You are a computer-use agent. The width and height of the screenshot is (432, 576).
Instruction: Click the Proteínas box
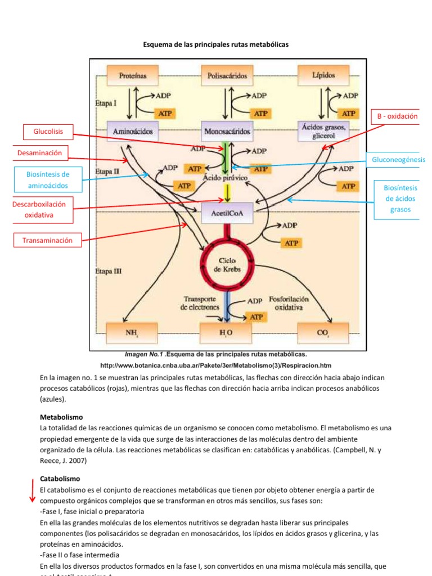click(x=133, y=75)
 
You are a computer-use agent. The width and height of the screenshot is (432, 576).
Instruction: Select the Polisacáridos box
click(x=227, y=75)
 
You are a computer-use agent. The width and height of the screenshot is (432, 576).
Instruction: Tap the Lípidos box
click(x=323, y=75)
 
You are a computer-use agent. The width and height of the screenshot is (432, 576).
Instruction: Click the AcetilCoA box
click(x=227, y=214)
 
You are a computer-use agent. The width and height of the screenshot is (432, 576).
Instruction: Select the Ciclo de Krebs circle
click(x=227, y=264)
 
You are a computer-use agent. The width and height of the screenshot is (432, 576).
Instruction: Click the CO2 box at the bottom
click(x=323, y=332)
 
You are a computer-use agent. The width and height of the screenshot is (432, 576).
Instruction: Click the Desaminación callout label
click(x=39, y=152)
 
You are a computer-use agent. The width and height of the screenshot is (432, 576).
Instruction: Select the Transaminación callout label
click(x=47, y=240)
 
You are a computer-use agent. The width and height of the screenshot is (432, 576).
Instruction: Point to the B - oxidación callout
click(x=397, y=116)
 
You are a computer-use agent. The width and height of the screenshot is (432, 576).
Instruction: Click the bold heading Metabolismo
click(x=61, y=417)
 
